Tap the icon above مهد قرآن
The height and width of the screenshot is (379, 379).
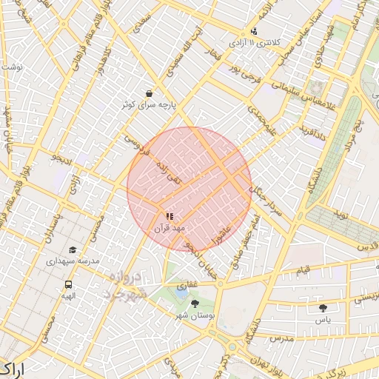click(x=170, y=216)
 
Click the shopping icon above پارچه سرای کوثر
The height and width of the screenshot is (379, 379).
click(x=150, y=94)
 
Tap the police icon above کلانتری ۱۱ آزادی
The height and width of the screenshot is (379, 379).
click(x=254, y=31)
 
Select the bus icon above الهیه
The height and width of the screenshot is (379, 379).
click(x=68, y=284)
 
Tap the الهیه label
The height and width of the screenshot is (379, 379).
click(x=68, y=296)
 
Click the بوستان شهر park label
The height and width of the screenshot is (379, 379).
click(x=195, y=316)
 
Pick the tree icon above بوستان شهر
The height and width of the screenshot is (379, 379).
click(x=195, y=303)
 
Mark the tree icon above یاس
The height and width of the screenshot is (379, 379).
click(x=322, y=308)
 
